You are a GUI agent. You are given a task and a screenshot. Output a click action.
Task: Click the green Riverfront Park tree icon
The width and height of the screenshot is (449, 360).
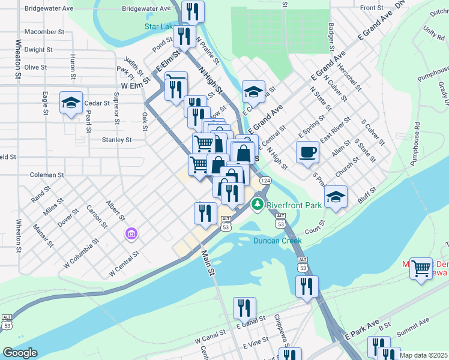[258, 205]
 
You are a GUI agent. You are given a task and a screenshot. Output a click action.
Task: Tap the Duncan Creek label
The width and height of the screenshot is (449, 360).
[277, 241]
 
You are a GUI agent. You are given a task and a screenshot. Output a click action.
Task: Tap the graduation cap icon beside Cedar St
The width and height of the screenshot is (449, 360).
[71, 103]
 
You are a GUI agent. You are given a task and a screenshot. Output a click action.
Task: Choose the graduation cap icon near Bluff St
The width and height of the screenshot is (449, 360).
[336, 197]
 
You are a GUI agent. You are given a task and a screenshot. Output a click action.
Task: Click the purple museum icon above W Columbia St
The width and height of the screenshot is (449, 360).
[130, 233]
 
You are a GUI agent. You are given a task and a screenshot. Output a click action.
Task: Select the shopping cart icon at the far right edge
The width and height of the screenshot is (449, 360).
[421, 268]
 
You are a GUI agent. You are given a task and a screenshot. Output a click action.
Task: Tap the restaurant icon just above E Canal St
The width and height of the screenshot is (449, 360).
[244, 308]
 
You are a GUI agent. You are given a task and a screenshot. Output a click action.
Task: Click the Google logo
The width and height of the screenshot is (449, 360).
[20, 353]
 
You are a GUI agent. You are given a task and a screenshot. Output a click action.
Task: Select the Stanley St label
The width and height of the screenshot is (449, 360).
[116, 140]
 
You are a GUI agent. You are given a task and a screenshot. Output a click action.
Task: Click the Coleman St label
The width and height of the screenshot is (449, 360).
[47, 175]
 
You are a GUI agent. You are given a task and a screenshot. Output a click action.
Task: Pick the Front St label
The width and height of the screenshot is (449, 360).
[372, 8]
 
